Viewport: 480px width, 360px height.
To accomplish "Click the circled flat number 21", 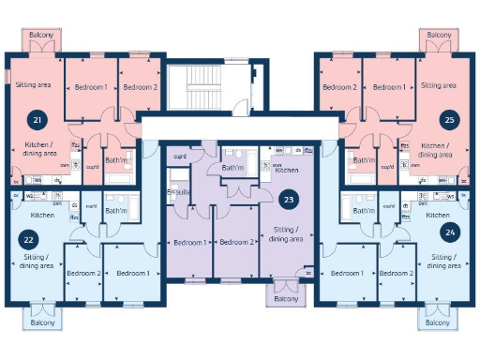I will [37, 120].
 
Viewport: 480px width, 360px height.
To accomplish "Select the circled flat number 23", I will [289, 199].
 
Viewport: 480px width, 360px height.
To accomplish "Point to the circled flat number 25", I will [450, 120].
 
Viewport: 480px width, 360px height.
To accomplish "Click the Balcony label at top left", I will [41, 35].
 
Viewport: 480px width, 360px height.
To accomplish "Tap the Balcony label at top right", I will [438, 35].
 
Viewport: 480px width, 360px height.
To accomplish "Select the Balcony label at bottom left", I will [41, 322].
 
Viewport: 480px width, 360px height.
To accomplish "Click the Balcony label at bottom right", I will [438, 322].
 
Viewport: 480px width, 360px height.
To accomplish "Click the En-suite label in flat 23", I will [179, 192].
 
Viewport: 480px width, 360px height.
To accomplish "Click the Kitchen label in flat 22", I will [42, 216].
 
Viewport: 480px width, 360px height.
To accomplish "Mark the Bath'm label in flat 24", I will [363, 211].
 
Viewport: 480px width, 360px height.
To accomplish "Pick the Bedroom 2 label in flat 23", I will [236, 242].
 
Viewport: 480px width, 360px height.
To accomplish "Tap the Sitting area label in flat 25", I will [439, 85].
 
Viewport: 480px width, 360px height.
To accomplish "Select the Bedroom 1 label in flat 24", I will [348, 273].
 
